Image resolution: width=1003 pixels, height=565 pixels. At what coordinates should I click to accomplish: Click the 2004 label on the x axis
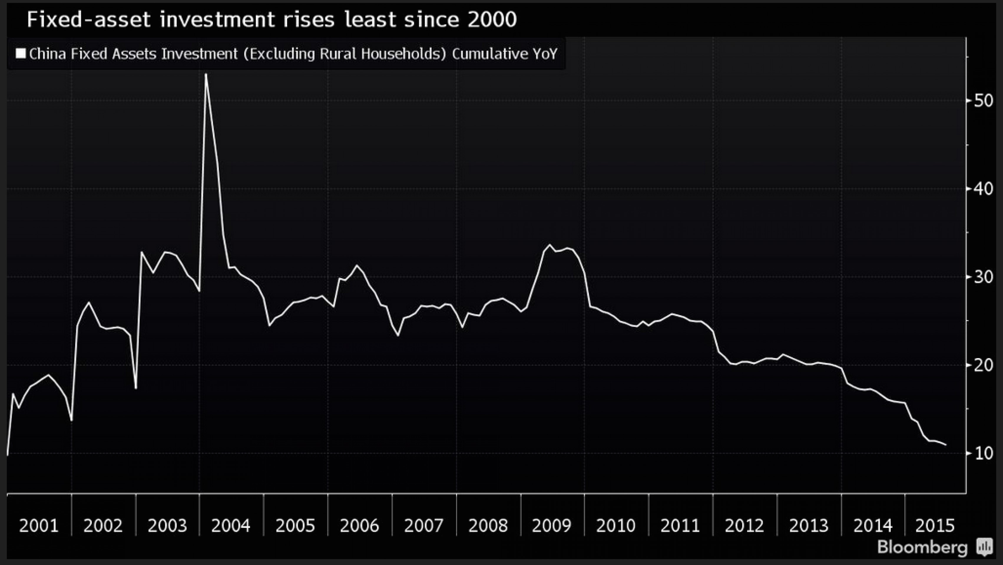tap(231, 526)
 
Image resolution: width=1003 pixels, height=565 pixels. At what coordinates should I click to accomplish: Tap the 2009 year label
tap(551, 526)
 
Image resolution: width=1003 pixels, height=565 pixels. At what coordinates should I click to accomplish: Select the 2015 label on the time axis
tap(935, 526)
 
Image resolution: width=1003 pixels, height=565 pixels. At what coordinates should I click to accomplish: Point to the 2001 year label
tap(39, 526)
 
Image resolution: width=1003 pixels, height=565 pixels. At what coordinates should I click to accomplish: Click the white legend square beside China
tap(21, 53)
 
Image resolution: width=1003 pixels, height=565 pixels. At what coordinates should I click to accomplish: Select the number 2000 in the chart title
tap(492, 19)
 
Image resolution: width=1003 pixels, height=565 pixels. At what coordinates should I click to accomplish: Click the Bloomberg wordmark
tap(922, 547)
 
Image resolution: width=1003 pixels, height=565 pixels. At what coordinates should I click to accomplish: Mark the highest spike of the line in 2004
tap(206, 74)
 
